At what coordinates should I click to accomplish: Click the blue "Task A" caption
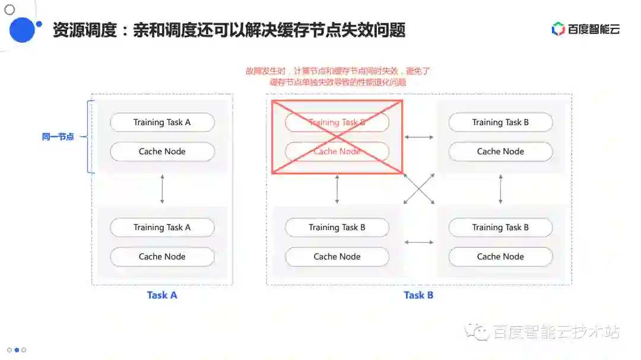(x=162, y=295)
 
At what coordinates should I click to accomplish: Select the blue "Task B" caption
(x=418, y=295)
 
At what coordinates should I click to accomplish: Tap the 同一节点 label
(x=58, y=137)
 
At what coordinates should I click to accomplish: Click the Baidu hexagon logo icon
(x=558, y=29)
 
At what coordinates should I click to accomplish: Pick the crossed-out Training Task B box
(x=337, y=122)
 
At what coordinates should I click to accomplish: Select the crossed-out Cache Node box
(x=337, y=152)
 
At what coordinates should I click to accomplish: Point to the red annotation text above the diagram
(x=338, y=77)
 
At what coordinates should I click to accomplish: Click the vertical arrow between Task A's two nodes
(x=162, y=189)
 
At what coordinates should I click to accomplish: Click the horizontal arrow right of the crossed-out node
(x=419, y=137)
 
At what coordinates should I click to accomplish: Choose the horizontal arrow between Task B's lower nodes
(x=419, y=242)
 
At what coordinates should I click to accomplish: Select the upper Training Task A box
(x=162, y=122)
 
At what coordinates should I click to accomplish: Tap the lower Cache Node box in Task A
(x=162, y=257)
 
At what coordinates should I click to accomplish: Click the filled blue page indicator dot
(x=17, y=350)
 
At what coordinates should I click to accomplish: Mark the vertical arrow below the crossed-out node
(x=337, y=189)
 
